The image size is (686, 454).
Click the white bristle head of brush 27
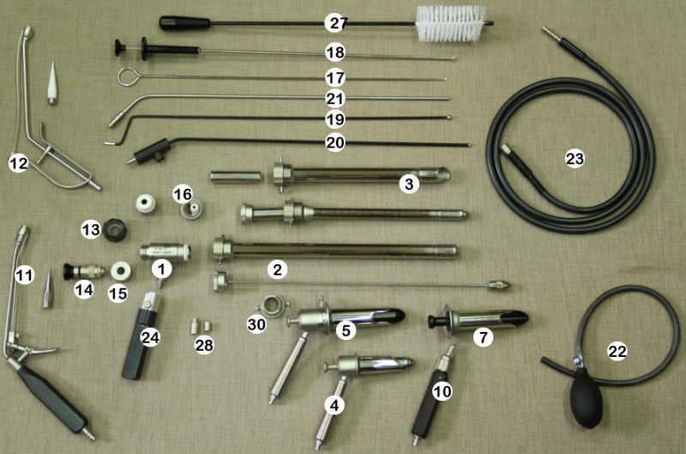pos(451,23)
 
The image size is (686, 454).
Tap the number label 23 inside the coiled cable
pos(575,158)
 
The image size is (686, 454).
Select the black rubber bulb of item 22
pos(587,397)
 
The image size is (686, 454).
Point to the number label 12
pos(18,164)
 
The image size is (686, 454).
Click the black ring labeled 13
pos(115,230)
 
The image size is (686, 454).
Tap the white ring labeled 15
pos(121,271)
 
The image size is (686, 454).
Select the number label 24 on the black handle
pos(149,337)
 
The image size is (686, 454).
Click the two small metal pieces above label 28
pos(202,326)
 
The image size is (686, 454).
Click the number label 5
pos(346,330)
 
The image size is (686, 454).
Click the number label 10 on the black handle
pos(442,391)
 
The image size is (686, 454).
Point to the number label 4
pos(334,405)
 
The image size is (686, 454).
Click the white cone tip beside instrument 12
pos(52,82)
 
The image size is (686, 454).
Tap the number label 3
pos(409,184)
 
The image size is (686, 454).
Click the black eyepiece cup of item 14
pos(69,271)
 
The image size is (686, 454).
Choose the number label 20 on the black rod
pos(335,142)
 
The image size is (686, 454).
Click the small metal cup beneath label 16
pos(191,209)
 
